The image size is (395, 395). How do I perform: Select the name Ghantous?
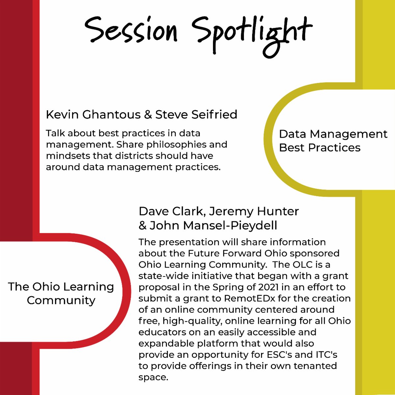click(112, 115)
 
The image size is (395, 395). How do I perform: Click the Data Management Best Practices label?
click(333, 141)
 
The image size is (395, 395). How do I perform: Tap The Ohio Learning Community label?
click(61, 293)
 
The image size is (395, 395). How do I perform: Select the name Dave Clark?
click(171, 211)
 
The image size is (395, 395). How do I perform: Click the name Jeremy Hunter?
click(254, 211)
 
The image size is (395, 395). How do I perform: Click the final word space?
click(153, 378)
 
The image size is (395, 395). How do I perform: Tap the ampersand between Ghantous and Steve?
click(148, 115)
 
